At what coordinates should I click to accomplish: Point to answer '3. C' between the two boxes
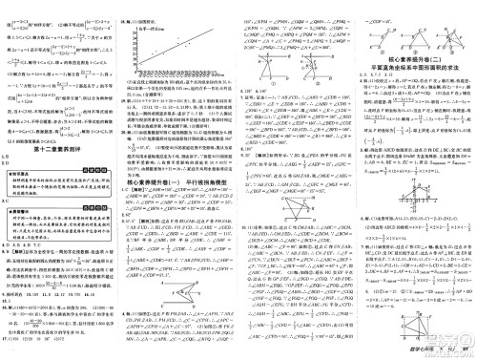coord(8,204)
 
